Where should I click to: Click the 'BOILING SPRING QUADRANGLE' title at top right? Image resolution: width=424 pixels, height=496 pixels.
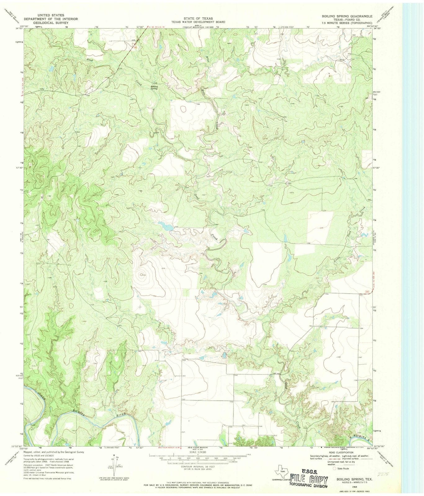[347, 15]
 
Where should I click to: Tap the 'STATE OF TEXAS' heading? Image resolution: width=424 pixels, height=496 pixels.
[199, 19]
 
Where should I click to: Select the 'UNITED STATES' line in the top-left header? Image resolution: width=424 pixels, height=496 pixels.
[51, 15]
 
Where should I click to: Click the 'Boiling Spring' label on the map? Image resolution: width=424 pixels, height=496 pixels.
[154, 88]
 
